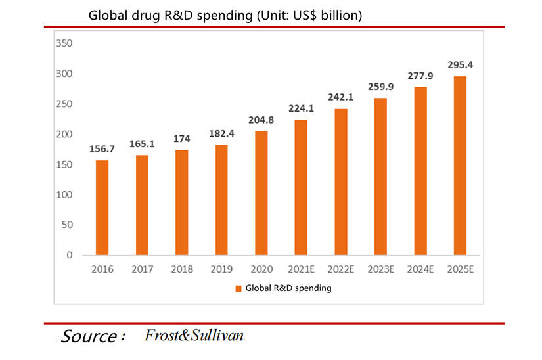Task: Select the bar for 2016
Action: [102, 208]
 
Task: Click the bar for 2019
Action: [221, 200]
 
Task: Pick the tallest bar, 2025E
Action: [460, 166]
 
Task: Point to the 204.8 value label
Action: [261, 120]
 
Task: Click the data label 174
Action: [182, 139]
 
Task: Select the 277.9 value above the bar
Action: [420, 75]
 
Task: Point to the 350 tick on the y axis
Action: [65, 43]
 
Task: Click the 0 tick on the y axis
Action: [69, 255]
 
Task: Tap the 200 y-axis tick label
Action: [65, 134]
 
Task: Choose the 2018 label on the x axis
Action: [181, 269]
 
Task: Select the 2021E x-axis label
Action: [301, 269]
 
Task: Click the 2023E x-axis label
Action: [380, 269]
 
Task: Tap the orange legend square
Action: [238, 288]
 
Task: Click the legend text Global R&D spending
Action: [288, 288]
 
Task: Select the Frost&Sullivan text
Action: [194, 336]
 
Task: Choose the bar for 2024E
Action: [420, 171]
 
